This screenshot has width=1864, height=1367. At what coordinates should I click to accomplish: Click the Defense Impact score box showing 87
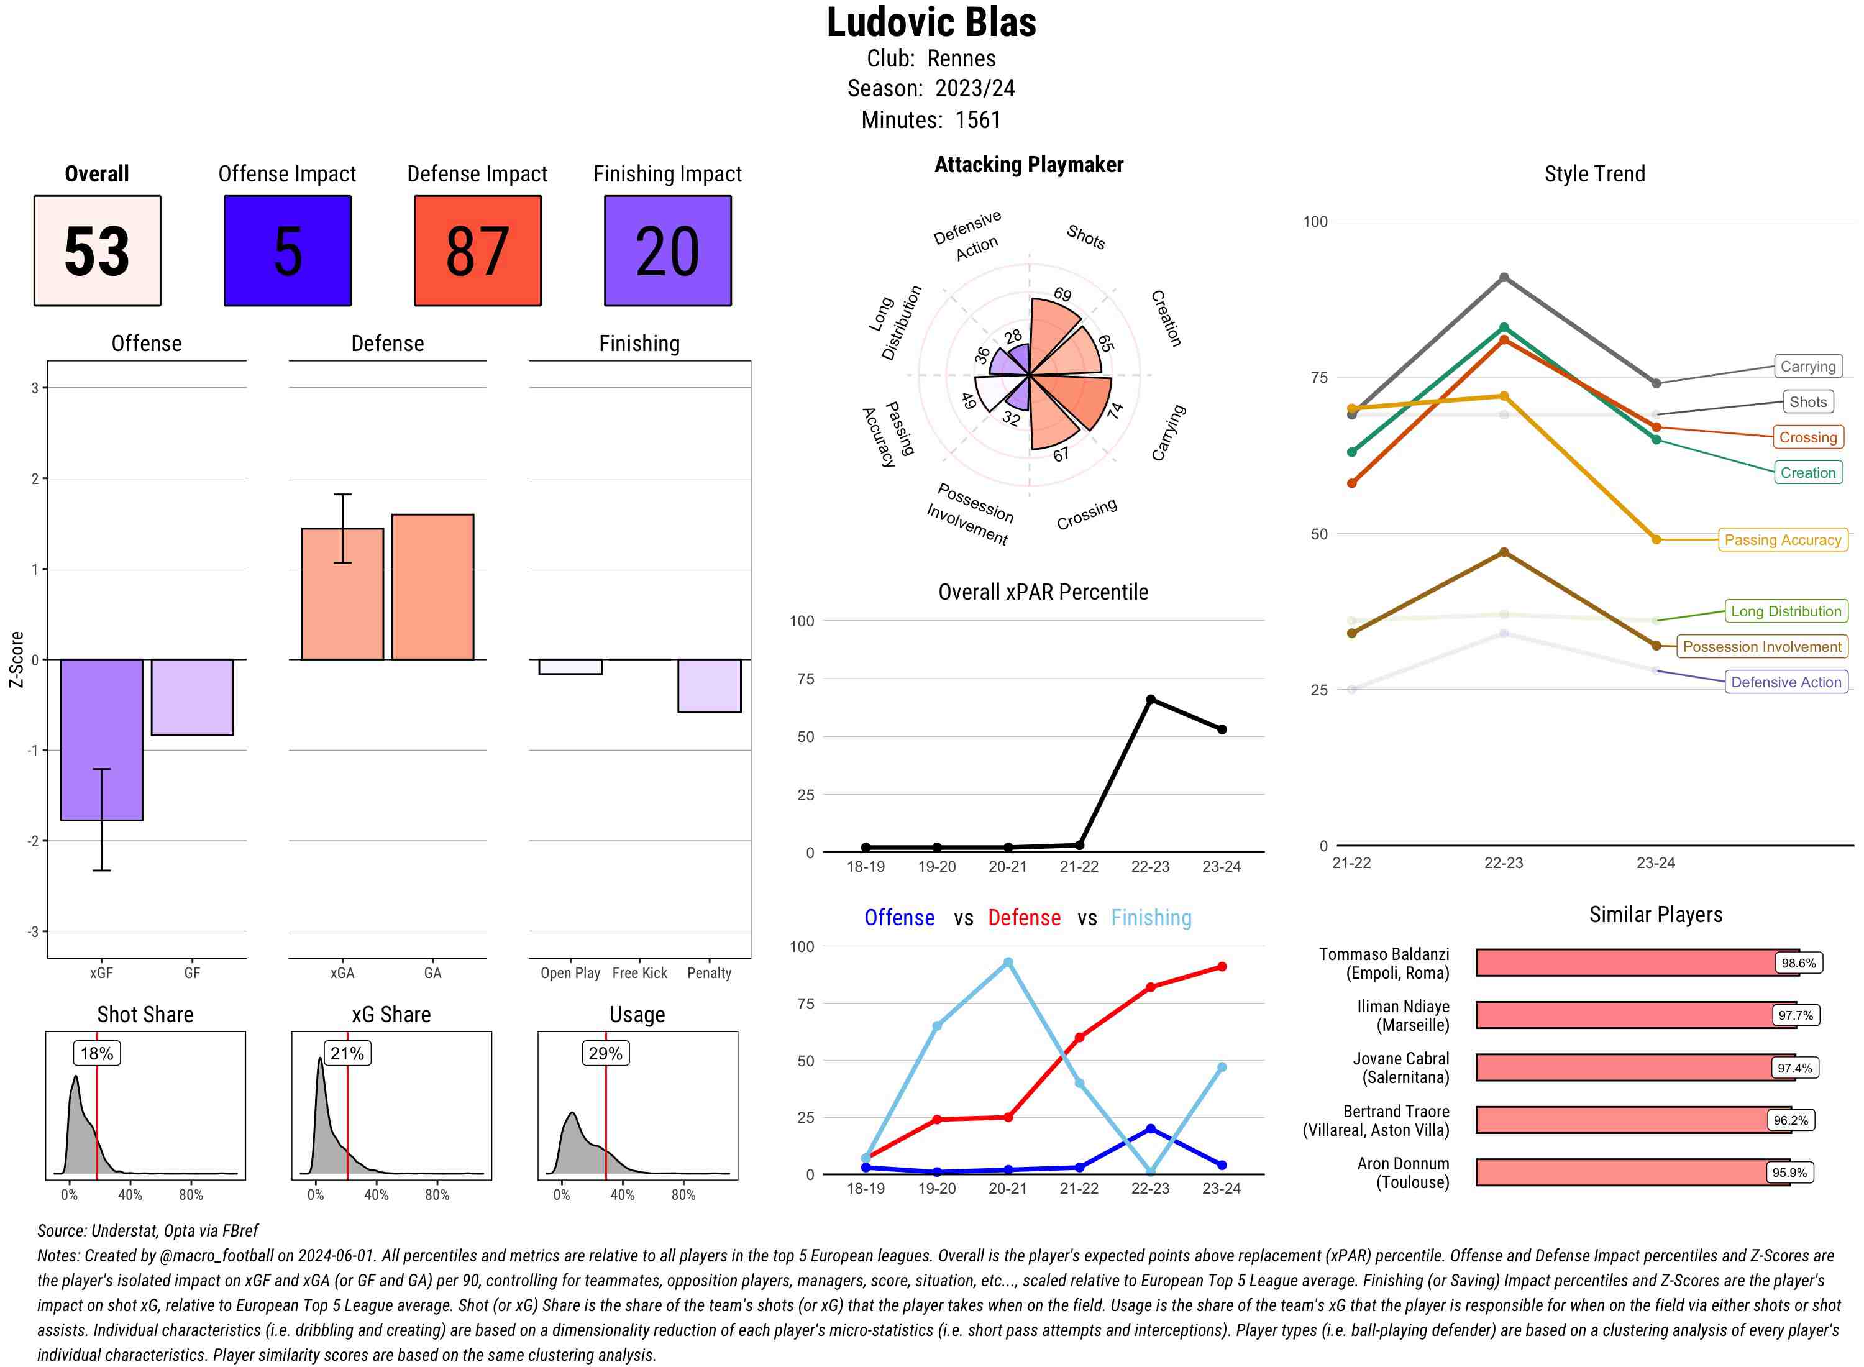click(477, 251)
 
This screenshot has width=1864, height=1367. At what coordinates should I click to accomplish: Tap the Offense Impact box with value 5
click(287, 251)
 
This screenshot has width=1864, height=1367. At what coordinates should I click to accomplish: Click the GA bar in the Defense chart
click(432, 587)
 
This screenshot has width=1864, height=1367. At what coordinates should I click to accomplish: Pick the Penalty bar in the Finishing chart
click(709, 685)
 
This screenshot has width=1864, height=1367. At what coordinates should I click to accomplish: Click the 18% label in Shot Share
click(97, 1053)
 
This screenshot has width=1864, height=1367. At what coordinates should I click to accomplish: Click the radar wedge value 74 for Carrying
click(1115, 411)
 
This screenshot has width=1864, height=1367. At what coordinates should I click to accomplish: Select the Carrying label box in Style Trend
click(1807, 367)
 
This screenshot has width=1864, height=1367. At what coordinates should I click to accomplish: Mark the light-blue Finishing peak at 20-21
click(1008, 962)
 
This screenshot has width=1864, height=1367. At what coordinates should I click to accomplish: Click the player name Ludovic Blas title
click(931, 23)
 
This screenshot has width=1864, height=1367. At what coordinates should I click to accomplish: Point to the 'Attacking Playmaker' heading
click(1028, 165)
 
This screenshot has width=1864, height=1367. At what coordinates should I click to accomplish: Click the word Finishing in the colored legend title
click(1151, 918)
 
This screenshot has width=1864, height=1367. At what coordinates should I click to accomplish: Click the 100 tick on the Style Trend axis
click(1315, 222)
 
